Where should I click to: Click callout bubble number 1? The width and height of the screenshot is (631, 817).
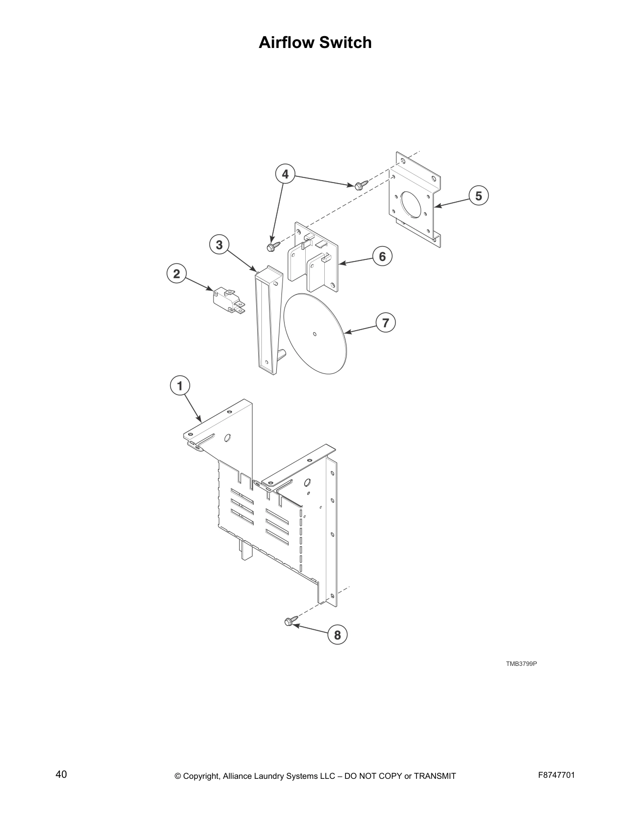pyautogui.click(x=180, y=385)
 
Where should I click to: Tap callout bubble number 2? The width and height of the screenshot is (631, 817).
pyautogui.click(x=177, y=274)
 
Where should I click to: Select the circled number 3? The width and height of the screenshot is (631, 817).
pyautogui.click(x=220, y=244)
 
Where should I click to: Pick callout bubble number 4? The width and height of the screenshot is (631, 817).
pyautogui.click(x=285, y=174)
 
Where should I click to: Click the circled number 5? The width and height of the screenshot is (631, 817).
pyautogui.click(x=478, y=196)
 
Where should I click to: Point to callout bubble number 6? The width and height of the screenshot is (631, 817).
pyautogui.click(x=382, y=256)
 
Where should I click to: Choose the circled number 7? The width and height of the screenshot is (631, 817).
pyautogui.click(x=385, y=323)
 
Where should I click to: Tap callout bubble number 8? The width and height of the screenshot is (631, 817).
pyautogui.click(x=337, y=635)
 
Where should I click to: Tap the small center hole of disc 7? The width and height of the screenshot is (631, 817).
pyautogui.click(x=315, y=334)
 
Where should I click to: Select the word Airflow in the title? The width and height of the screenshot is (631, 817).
pyautogui.click(x=286, y=42)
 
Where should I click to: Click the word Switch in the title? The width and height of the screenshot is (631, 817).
pyautogui.click(x=345, y=42)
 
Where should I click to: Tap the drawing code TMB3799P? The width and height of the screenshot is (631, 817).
pyautogui.click(x=521, y=663)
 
